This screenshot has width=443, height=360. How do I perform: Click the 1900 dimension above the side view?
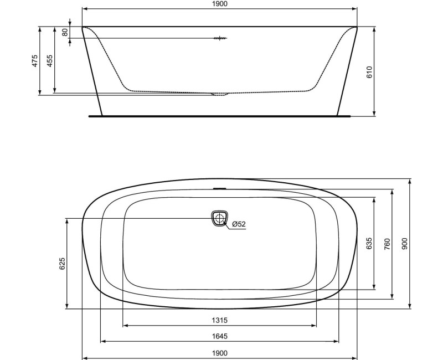coord(220,4)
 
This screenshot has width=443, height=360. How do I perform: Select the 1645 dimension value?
coord(220,336)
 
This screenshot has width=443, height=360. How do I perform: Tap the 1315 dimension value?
coord(220,320)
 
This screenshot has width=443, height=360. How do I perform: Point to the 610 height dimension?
coord(370,71)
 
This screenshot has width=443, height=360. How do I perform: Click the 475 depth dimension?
coord(35,61)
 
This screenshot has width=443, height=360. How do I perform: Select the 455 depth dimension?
coord(50,61)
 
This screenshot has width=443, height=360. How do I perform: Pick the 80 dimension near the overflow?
coord(65,32)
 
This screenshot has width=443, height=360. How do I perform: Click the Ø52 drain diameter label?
coord(239,224)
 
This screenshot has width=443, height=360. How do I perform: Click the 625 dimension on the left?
coord(63,264)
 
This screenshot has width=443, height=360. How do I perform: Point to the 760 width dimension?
coord(387,244)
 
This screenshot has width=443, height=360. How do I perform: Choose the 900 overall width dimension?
coord(404,244)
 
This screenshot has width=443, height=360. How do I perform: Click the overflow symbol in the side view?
coord(220,38)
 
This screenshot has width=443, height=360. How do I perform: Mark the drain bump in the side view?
coord(220,94)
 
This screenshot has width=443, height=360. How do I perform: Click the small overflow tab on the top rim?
coord(220,188)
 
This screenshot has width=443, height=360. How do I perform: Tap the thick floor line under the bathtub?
coord(220,116)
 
